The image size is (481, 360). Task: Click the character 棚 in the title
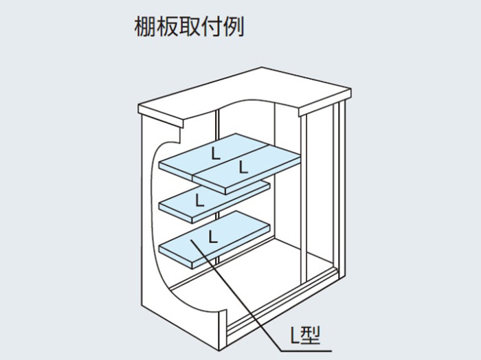(x=145, y=27)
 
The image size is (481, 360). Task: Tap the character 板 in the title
(x=167, y=27)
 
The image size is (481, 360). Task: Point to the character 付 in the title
(x=211, y=27)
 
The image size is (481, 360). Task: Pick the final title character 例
(x=233, y=27)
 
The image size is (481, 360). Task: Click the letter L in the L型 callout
(x=295, y=335)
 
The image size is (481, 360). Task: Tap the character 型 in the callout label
(x=311, y=335)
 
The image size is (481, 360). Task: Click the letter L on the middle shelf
(x=200, y=200)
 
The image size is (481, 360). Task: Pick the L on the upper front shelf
(x=243, y=167)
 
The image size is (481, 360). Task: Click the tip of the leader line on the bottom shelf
(x=191, y=240)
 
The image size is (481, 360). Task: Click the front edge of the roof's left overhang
(x=160, y=116)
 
